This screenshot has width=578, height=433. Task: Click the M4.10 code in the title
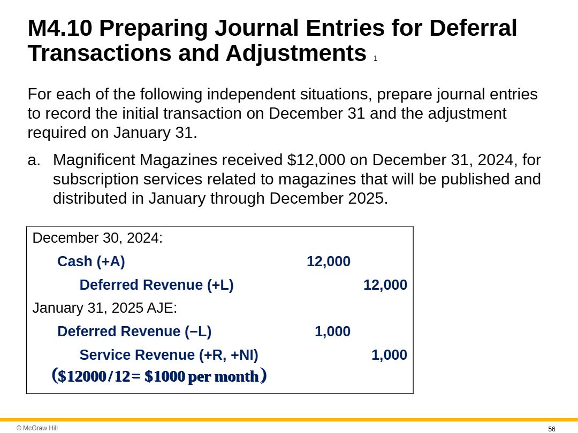coord(60,28)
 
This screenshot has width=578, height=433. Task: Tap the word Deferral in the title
coord(473,28)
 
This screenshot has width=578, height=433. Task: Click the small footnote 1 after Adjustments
coord(375,59)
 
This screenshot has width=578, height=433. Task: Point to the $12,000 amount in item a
coord(308,160)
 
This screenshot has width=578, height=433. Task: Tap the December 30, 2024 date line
coord(97,238)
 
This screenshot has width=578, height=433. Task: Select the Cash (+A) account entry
coord(91,261)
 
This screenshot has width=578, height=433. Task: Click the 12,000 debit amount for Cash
coord(328,261)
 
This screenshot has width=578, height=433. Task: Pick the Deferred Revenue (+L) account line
coord(156,285)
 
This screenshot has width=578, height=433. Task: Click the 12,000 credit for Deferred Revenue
coord(385,285)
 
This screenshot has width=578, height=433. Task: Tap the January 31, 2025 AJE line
coord(104,308)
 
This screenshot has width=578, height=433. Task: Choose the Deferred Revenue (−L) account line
coord(134,331)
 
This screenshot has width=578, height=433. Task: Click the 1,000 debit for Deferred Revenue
coord(332,331)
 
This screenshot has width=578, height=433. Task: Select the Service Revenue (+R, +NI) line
coord(169,355)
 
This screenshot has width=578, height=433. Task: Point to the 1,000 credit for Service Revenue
coord(389,355)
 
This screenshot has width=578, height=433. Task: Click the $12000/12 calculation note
coord(159,376)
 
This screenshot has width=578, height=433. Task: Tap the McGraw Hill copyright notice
coord(37,428)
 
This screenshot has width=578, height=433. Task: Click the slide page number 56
coord(552,429)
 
